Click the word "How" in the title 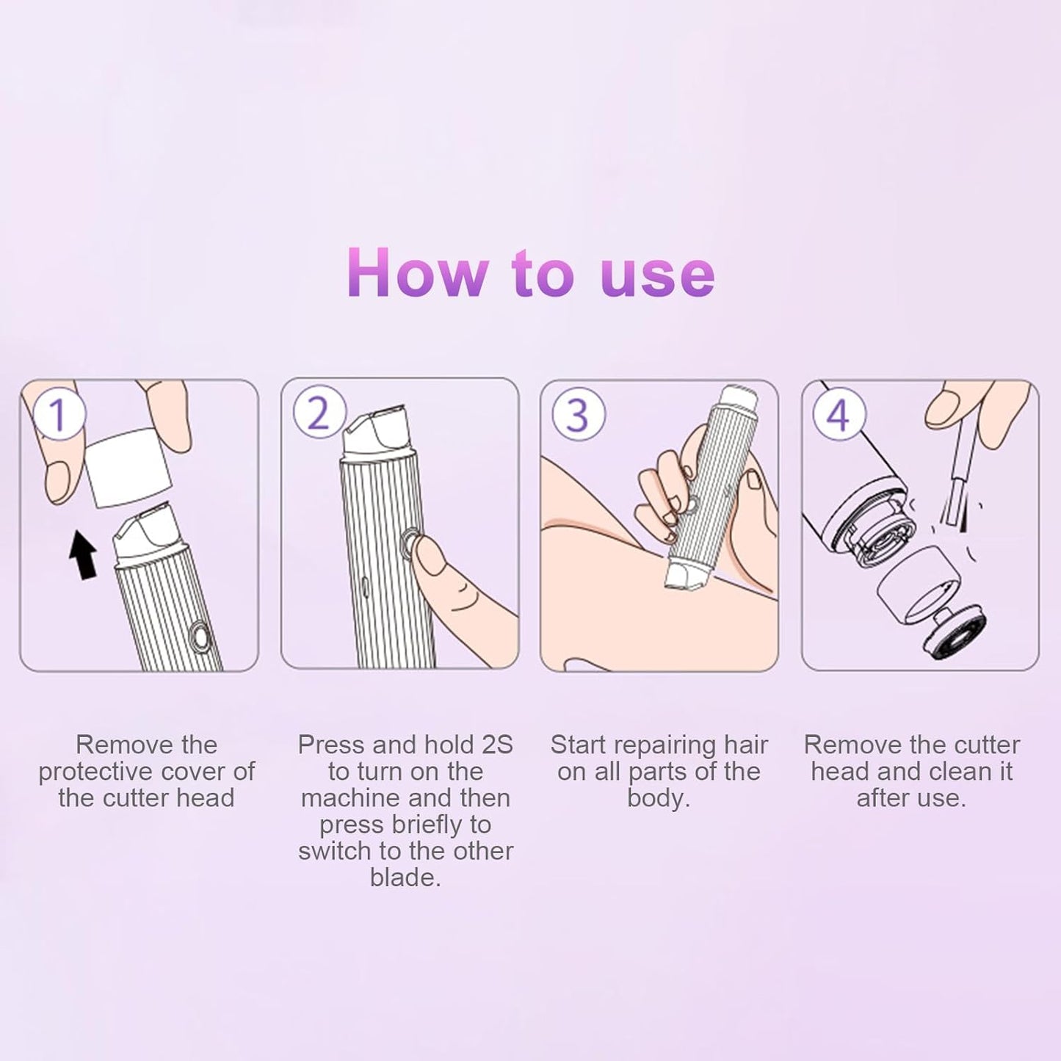click(x=416, y=273)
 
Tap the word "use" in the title click(x=657, y=275)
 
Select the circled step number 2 click(x=319, y=413)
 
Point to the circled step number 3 click(x=579, y=415)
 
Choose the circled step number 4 click(x=839, y=415)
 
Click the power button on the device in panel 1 click(x=198, y=637)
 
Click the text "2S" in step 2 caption click(x=497, y=745)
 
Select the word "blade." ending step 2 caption click(x=405, y=877)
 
